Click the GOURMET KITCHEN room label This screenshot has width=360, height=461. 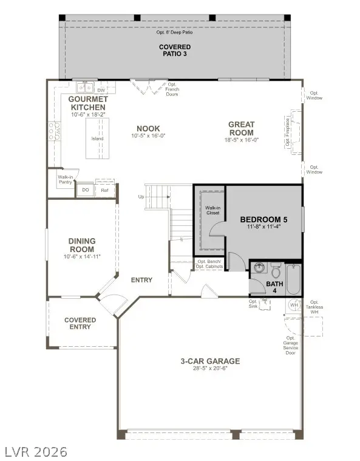click(88, 103)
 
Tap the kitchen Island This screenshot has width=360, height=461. click(97, 138)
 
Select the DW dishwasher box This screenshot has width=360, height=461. click(101, 90)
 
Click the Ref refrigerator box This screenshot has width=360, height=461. click(104, 190)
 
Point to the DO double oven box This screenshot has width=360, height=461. click(84, 190)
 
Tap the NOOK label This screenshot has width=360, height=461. click(148, 129)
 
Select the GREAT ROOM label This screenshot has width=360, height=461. click(241, 128)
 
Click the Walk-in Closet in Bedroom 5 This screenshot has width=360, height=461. click(212, 211)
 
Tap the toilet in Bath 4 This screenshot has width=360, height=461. click(275, 268)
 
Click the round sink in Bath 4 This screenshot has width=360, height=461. click(259, 268)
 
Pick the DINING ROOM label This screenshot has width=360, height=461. click(81, 245)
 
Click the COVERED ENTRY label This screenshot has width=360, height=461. click(80, 323)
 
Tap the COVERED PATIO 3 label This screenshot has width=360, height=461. click(175, 50)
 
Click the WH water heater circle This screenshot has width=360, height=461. click(294, 305)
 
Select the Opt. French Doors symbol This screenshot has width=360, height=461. click(144, 86)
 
